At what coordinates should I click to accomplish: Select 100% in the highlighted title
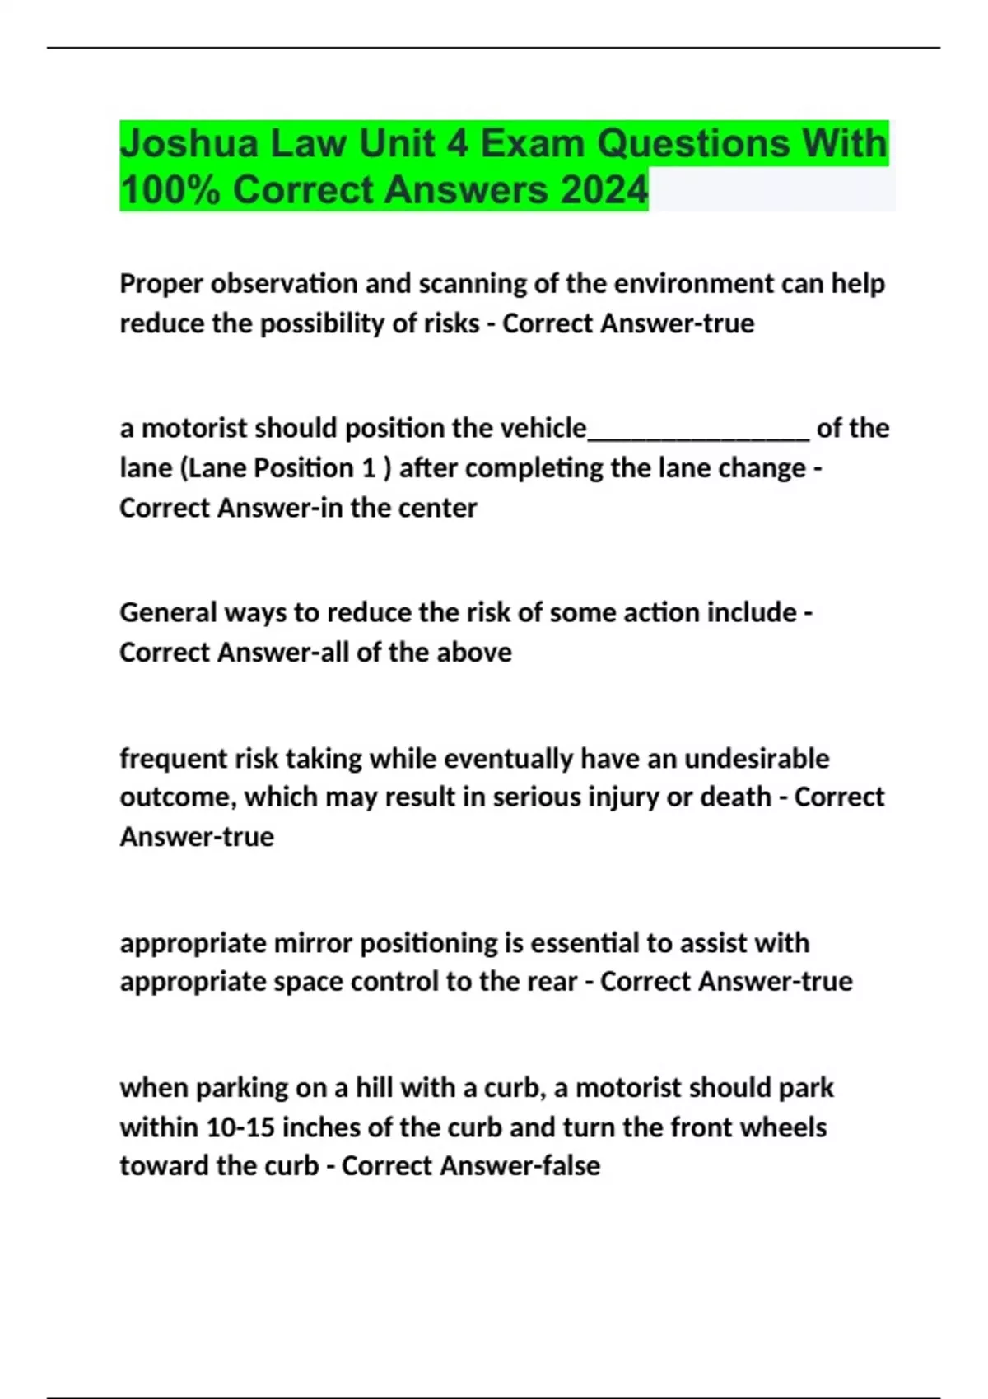[170, 191]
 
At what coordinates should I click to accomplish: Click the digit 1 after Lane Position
[370, 468]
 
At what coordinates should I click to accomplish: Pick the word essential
[584, 943]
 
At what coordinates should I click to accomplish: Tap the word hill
[374, 1088]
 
